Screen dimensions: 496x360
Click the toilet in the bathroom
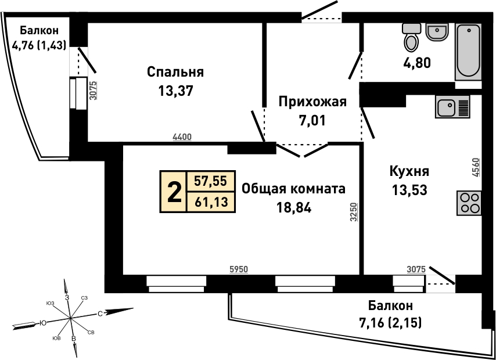(411, 37)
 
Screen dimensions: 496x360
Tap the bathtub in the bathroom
(468, 52)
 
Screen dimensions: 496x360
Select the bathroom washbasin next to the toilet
(437, 32)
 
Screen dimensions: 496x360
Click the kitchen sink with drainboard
(452, 106)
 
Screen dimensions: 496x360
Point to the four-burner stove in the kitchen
(469, 203)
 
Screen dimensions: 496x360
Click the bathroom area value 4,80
(416, 63)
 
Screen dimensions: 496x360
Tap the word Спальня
(175, 73)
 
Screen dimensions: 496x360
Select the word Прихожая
(312, 102)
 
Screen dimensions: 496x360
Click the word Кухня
(409, 171)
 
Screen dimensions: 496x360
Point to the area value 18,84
(294, 207)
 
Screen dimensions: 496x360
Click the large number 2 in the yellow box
(174, 192)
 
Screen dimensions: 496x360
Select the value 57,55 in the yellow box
(211, 181)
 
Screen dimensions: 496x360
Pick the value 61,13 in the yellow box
(211, 201)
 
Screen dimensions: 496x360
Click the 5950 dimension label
(239, 269)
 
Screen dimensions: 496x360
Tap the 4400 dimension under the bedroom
(182, 137)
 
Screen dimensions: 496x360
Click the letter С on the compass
(100, 314)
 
